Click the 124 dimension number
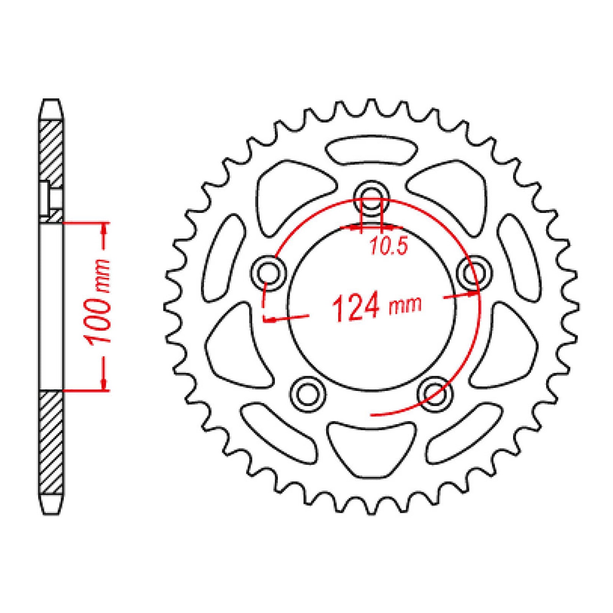click(x=356, y=307)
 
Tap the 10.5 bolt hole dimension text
click(x=388, y=247)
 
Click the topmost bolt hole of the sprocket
click(x=371, y=196)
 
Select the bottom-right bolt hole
click(x=434, y=394)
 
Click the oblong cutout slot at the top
click(x=371, y=150)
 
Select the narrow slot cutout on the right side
click(x=519, y=255)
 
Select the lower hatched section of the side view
click(x=51, y=441)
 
